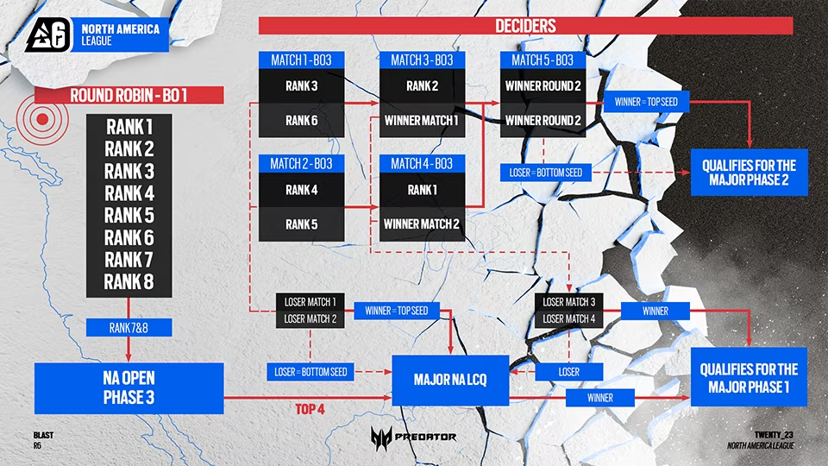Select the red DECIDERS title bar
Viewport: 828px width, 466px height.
(x=525, y=26)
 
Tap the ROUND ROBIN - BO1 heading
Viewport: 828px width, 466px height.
(x=128, y=95)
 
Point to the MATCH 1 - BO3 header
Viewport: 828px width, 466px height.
(x=301, y=60)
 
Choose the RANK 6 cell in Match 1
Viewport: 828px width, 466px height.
(x=301, y=121)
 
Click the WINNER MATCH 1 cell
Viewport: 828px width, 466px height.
(x=422, y=121)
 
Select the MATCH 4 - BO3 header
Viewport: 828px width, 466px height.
(x=422, y=164)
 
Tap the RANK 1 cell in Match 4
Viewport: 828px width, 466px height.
(x=422, y=190)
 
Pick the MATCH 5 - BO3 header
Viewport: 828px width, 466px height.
(x=543, y=60)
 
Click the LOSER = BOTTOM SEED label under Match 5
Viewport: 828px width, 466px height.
(x=545, y=173)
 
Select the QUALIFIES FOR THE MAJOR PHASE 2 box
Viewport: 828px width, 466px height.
(x=749, y=172)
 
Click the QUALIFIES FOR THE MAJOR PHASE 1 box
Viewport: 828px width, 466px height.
(x=749, y=378)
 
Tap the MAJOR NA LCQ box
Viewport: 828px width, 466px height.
(x=450, y=378)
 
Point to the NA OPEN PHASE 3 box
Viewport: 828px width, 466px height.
(x=129, y=387)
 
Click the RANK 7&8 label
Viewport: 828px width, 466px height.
(x=129, y=327)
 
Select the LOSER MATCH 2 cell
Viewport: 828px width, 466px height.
(x=310, y=319)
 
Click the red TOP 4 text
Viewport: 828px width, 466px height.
(x=308, y=408)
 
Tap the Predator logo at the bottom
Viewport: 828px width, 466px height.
(x=413, y=437)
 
